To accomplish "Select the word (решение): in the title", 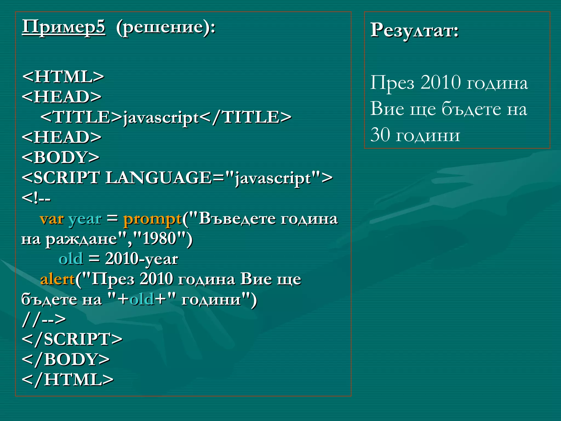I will tap(166, 27).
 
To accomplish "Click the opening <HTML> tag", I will tap(63, 76).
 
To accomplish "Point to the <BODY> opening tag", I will tap(61, 157).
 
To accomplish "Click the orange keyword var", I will tap(52, 219).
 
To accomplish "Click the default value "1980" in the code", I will tap(159, 238).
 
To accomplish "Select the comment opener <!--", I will tap(36, 198).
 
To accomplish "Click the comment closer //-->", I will tap(44, 319).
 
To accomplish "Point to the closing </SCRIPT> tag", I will tap(72, 339).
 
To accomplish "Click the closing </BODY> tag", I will tap(66, 359).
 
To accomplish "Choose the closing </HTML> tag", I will tap(67, 380).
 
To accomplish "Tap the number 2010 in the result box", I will tap(440, 82).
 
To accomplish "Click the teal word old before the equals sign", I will tap(71, 259).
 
